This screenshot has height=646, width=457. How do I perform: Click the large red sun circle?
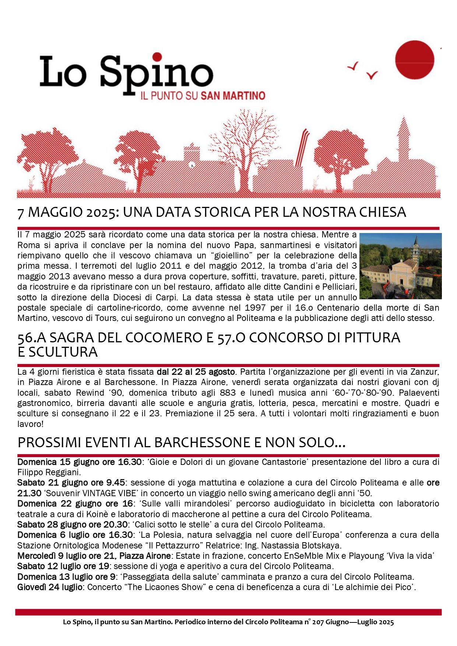tap(414, 60)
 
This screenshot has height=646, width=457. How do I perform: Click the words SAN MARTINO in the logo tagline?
tap(233, 96)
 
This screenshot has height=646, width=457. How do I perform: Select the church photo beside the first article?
tap(400, 266)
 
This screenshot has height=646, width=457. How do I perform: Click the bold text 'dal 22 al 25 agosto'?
tap(196, 372)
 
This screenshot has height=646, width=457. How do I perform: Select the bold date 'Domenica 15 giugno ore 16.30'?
tap(80, 462)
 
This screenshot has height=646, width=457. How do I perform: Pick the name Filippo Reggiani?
tap(49, 472)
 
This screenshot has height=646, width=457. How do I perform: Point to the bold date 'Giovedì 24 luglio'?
tap(50, 587)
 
